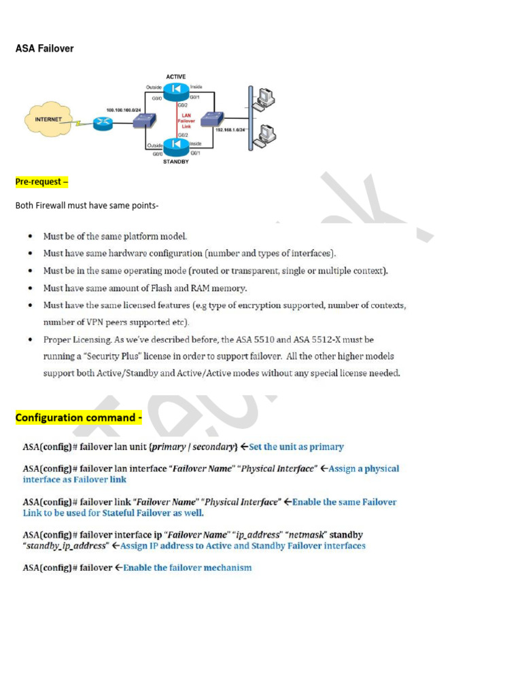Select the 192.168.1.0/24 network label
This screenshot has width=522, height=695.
230,129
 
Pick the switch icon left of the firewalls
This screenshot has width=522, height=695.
143,121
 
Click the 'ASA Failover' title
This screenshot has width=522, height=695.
45,49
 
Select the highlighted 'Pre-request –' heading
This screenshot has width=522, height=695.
41,182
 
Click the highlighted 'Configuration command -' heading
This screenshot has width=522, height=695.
79,417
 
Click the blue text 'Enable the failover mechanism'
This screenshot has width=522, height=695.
188,567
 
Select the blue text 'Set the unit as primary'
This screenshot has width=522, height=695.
296,447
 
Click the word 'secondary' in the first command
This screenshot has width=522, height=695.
213,447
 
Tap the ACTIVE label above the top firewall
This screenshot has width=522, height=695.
176,77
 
